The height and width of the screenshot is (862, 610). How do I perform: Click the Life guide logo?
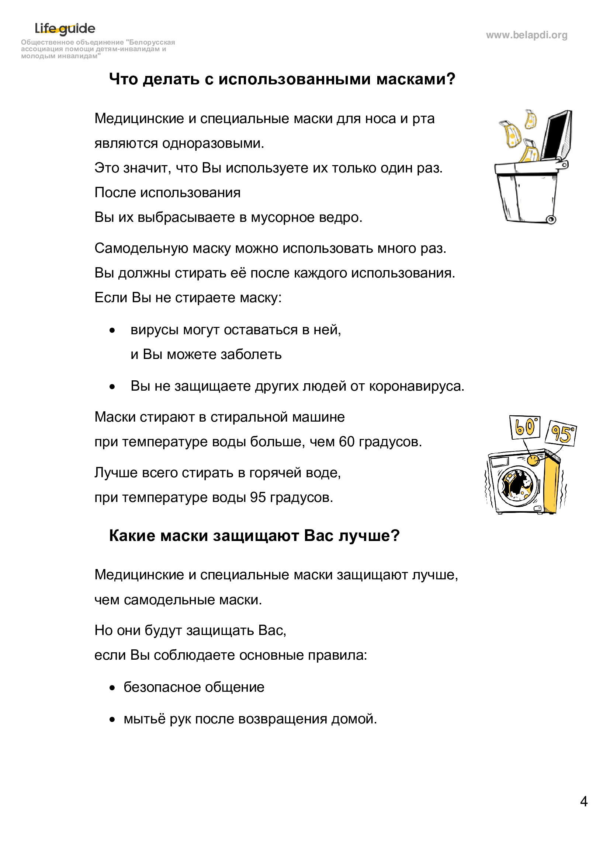(x=65, y=28)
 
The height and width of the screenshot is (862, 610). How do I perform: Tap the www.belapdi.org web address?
(x=526, y=35)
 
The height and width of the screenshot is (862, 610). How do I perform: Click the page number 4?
(x=584, y=802)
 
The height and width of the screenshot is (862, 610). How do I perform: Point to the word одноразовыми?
(x=211, y=143)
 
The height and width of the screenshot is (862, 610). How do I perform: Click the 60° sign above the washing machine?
(x=525, y=427)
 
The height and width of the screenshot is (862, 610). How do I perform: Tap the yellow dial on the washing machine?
(x=532, y=460)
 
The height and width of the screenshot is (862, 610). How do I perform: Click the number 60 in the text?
(x=347, y=442)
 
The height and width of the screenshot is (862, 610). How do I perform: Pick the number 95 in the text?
(x=258, y=498)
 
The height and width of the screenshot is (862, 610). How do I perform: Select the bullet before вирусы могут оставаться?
(x=112, y=331)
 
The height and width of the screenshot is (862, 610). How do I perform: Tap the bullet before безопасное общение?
(x=112, y=688)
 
